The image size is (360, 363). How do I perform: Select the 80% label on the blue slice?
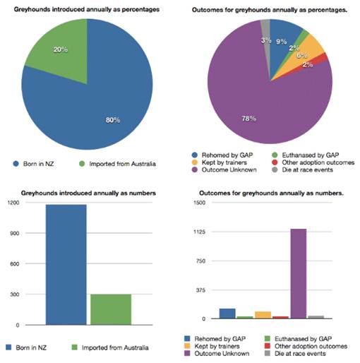point(113,120)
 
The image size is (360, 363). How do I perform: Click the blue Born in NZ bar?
point(66,265)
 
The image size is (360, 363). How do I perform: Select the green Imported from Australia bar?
point(111,309)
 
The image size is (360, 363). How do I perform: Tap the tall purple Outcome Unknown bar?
point(299,273)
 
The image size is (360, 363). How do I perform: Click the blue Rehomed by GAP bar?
point(227,314)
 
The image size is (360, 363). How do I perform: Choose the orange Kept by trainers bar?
point(263,315)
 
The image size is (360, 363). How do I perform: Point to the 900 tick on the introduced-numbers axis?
point(15,233)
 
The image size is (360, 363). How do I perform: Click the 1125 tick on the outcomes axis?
point(200,232)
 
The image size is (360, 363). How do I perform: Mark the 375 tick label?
point(200,290)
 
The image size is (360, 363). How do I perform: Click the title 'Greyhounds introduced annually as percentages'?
point(87,9)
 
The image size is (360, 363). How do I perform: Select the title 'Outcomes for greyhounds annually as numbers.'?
point(271,194)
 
